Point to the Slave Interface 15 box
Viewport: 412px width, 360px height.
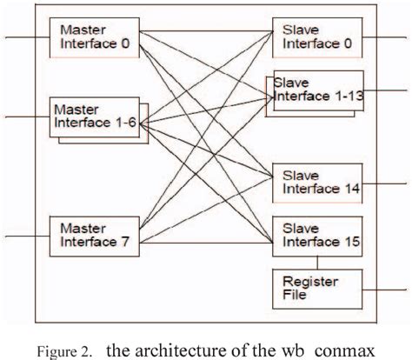tap(316, 233)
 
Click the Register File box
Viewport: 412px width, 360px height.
tap(316, 288)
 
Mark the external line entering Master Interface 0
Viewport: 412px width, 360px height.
tap(26, 37)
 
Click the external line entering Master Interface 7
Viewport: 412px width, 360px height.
tap(26, 235)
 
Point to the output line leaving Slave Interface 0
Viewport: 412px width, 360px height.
tap(382, 37)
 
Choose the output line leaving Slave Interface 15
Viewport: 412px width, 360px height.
tap(382, 235)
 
